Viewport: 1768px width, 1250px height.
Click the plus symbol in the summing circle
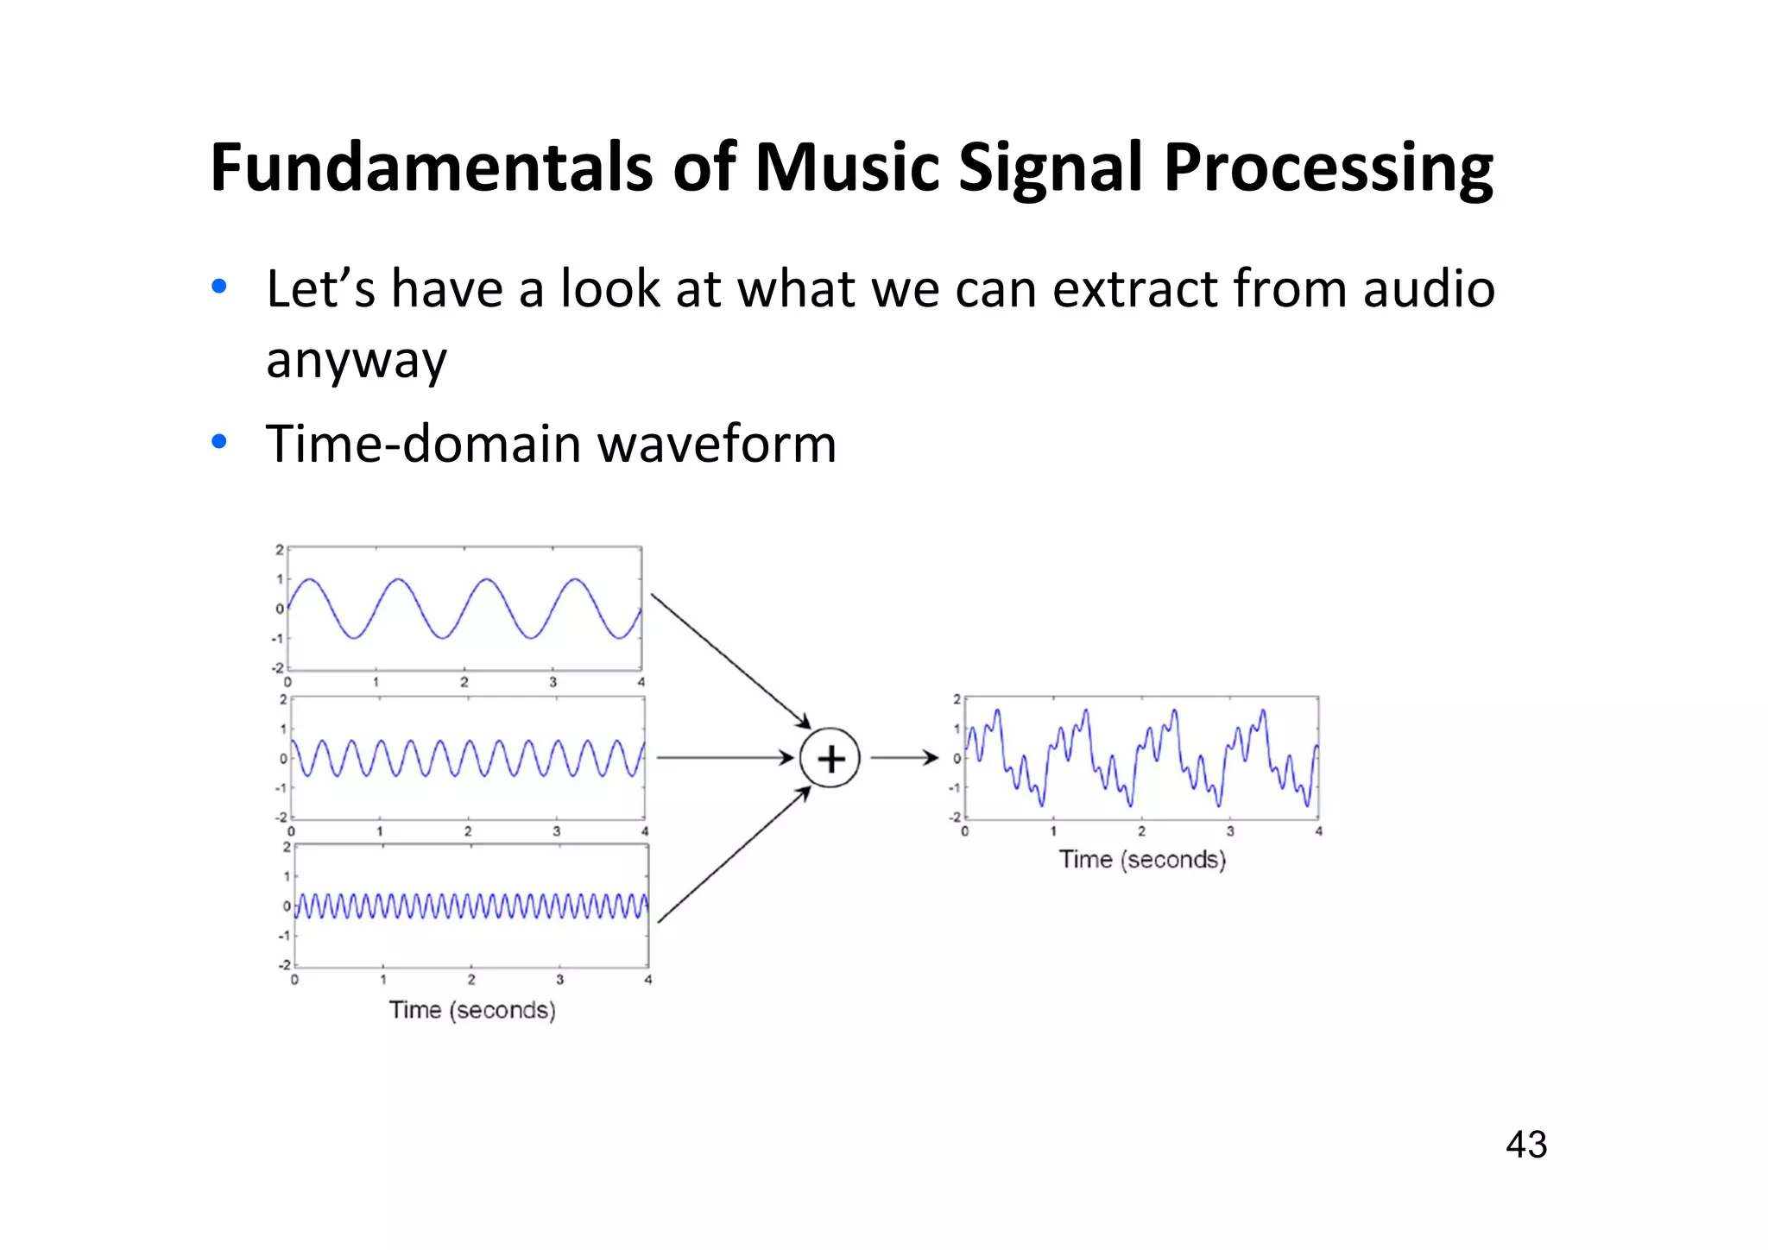(x=830, y=759)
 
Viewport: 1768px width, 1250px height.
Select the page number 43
(x=1525, y=1145)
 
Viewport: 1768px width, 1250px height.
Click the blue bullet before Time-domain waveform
(x=219, y=442)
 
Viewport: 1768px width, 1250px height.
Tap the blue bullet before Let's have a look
(x=219, y=287)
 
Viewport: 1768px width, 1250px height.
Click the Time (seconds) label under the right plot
(x=1142, y=860)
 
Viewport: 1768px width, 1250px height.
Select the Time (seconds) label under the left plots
(x=472, y=1010)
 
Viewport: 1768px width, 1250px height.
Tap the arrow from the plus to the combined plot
(x=903, y=758)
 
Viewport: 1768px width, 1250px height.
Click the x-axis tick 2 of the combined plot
(x=1141, y=831)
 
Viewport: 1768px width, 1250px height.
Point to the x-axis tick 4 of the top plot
(x=641, y=682)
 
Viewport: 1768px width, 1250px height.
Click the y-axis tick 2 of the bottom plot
(x=287, y=847)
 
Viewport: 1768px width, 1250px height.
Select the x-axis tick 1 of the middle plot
(x=380, y=831)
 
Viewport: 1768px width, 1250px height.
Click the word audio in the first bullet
(x=1429, y=288)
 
